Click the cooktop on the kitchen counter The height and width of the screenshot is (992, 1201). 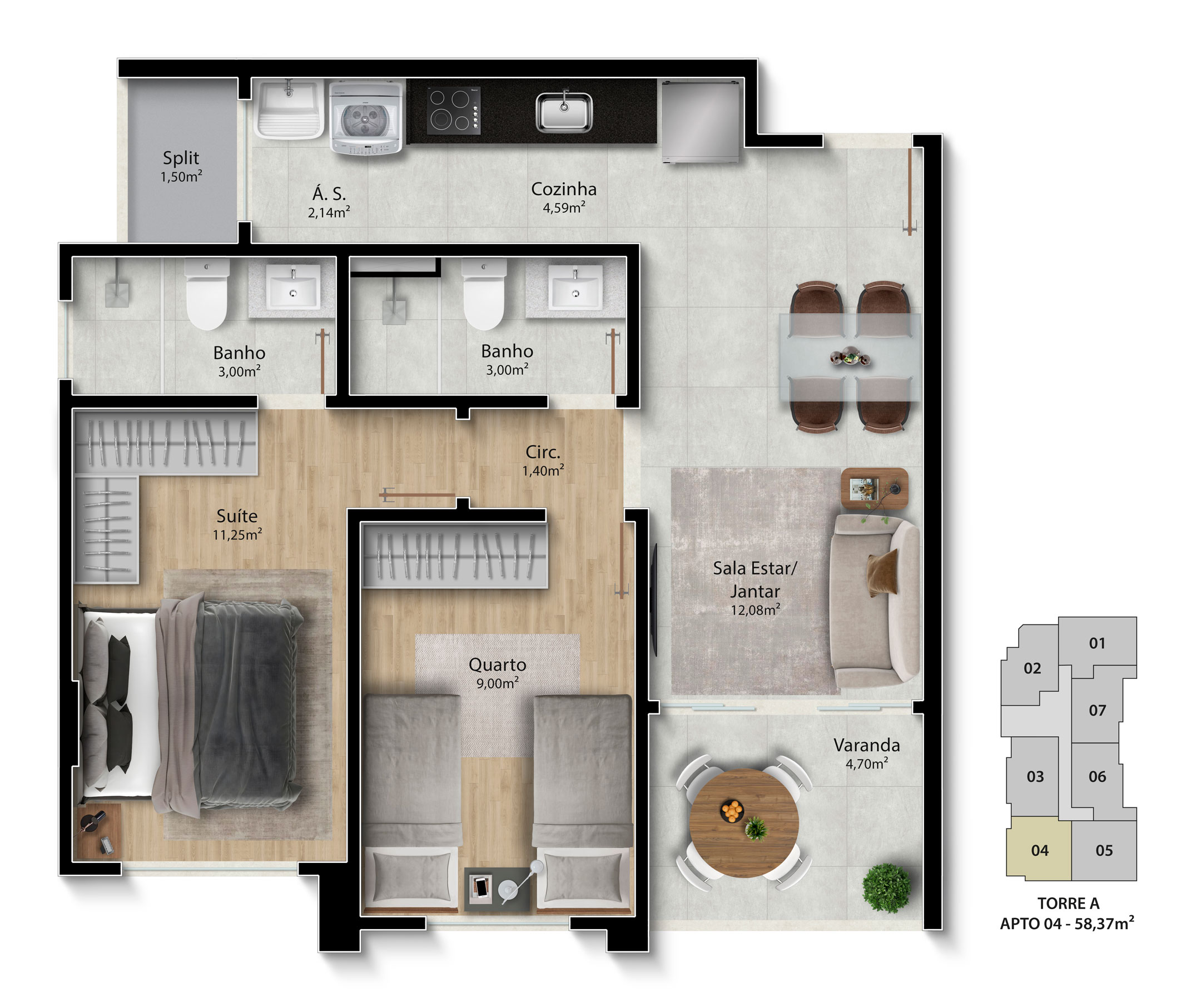[454, 110]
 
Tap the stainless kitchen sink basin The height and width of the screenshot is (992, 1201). [564, 111]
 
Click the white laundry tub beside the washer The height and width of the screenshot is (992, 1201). [289, 108]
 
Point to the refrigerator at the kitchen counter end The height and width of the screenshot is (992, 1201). [701, 121]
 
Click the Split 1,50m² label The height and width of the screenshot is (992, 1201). [181, 166]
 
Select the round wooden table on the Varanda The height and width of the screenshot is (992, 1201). [744, 822]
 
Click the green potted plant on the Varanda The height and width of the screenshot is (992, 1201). [886, 888]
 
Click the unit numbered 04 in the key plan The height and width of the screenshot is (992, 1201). [1039, 849]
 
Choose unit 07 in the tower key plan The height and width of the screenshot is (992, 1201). [1096, 710]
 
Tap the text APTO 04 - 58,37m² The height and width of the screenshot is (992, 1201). [1068, 924]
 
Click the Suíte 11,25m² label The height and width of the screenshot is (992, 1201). [237, 524]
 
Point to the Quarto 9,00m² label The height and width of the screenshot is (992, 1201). [498, 673]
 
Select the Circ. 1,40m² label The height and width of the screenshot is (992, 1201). [543, 460]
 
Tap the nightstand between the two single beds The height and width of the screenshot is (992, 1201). [497, 889]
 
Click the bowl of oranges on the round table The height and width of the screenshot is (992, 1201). [731, 811]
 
